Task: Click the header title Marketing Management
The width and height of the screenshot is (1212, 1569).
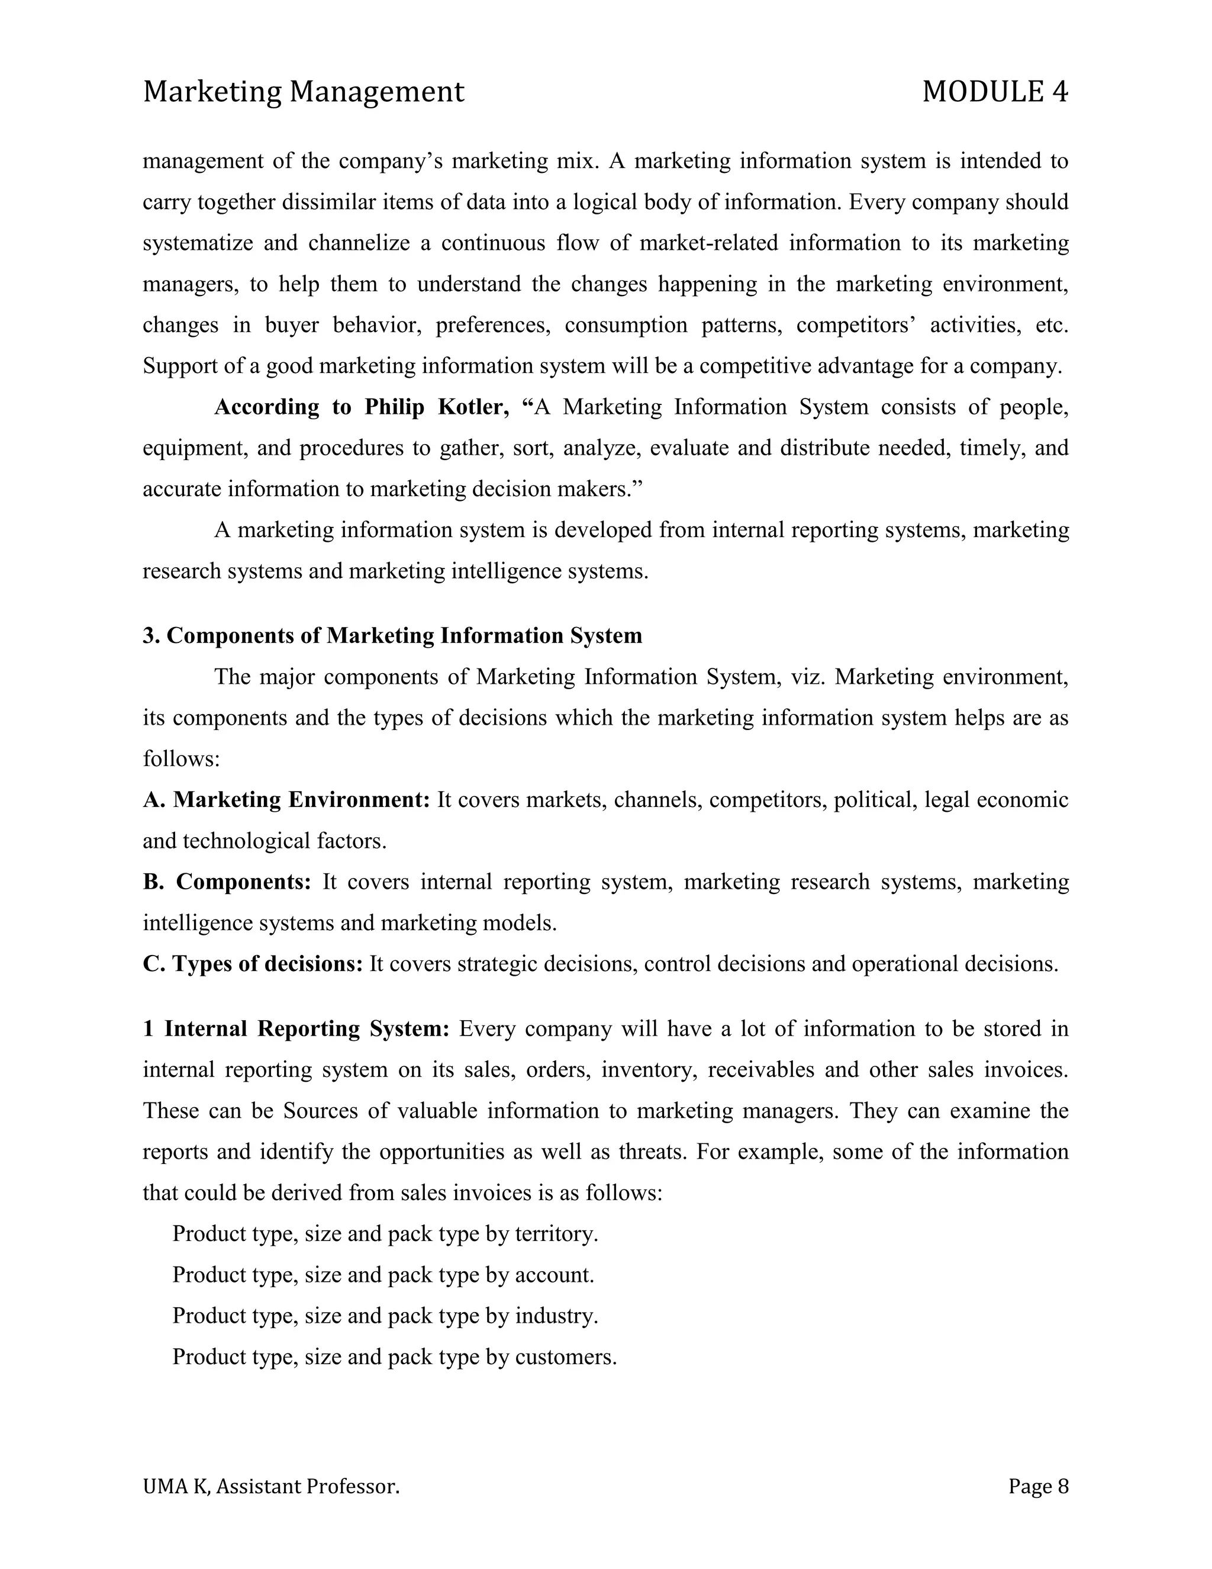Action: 303,92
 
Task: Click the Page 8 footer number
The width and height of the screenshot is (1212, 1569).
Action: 1037,1486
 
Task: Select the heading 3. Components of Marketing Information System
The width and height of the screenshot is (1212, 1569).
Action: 392,636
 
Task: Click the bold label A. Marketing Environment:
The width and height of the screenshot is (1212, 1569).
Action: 286,799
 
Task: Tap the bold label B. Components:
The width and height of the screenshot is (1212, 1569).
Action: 226,882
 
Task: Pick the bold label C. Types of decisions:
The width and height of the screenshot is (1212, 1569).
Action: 253,963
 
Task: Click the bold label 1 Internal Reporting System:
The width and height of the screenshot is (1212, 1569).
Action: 296,1029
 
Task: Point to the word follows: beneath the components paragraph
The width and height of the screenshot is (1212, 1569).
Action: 181,758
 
